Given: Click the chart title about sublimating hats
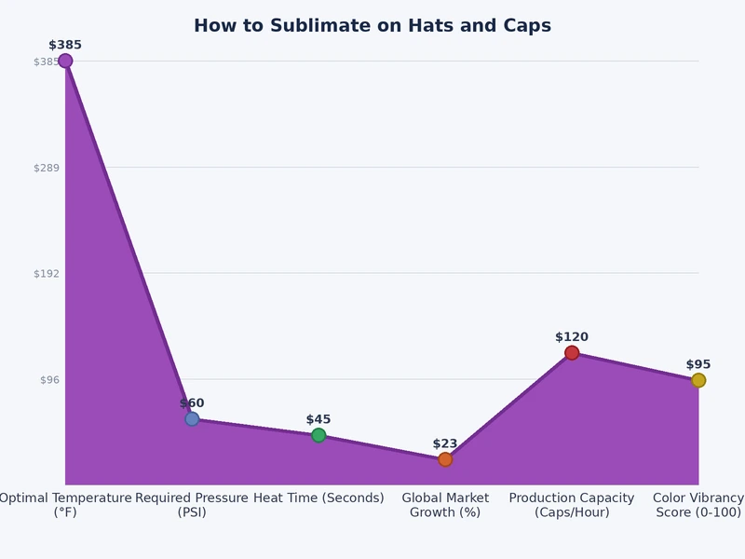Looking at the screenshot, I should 372,26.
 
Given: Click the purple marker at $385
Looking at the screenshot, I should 65,61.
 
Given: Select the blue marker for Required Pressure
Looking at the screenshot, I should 192,419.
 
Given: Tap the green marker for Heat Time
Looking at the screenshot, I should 318,435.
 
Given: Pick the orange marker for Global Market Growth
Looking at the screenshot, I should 445,459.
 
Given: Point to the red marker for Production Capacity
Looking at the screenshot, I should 572,353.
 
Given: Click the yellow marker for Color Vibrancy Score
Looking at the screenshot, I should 698,380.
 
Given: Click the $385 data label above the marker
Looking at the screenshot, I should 65,45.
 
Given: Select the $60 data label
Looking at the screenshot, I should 192,403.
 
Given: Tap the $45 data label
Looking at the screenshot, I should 318,420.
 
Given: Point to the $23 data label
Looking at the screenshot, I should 445,444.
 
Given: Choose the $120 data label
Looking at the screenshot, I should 572,337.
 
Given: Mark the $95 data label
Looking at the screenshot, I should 698,365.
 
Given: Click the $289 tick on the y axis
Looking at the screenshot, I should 47,168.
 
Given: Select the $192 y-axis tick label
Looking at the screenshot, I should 47,274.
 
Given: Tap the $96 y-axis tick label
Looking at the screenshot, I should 49,380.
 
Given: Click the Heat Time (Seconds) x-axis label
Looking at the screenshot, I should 318,498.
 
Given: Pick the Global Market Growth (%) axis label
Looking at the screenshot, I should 445,505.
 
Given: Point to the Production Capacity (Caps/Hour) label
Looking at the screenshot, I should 572,505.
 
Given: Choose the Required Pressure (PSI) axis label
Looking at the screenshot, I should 192,505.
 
